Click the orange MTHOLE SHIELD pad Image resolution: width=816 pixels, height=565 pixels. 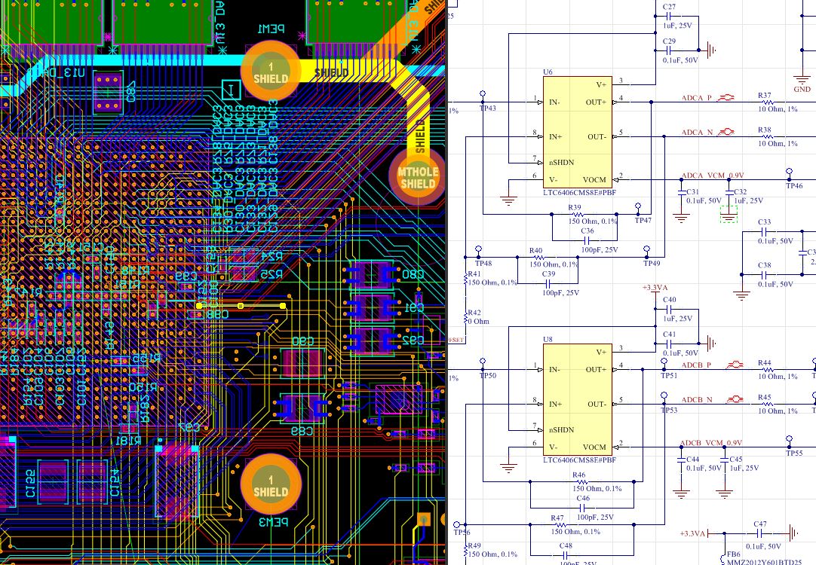pyautogui.click(x=418, y=176)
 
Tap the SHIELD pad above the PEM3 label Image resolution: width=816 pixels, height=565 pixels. pyautogui.click(x=271, y=486)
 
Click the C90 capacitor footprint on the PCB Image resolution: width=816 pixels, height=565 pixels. pyautogui.click(x=302, y=360)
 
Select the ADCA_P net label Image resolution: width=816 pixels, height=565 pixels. pyautogui.click(x=697, y=98)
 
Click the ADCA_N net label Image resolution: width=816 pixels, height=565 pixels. pyautogui.click(x=697, y=133)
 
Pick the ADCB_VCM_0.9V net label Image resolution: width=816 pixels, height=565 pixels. pyautogui.click(x=711, y=442)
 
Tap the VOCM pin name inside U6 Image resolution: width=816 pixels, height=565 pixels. pyautogui.click(x=595, y=179)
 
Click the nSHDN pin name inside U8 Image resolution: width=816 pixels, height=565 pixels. pyautogui.click(x=561, y=429)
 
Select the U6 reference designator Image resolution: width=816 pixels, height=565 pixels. pyautogui.click(x=548, y=72)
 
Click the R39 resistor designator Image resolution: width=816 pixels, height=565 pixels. pyautogui.click(x=575, y=207)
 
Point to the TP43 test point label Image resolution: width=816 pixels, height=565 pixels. pyautogui.click(x=487, y=108)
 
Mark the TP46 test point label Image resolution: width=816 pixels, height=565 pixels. pyautogui.click(x=794, y=185)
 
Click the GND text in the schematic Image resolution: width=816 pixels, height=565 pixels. pyautogui.click(x=802, y=89)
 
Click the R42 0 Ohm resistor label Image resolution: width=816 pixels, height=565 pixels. pyautogui.click(x=474, y=313)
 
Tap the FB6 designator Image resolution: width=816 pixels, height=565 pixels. pyautogui.click(x=732, y=554)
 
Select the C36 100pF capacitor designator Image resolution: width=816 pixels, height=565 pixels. pyautogui.click(x=587, y=231)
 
